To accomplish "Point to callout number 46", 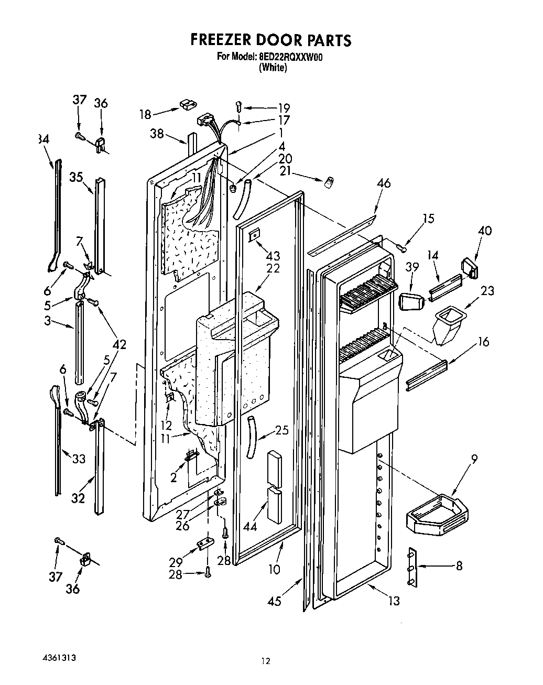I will pos(384,183).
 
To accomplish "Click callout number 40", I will pos(485,230).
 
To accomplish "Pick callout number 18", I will pos(146,114).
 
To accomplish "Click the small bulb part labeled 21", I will pos(330,182).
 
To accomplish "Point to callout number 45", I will pos(274,601).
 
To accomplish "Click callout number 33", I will pos(79,459).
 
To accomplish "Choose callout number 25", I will pos(282,431).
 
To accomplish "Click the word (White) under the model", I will pos(273,68).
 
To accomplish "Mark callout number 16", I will pos(483,342).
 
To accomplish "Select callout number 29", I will pos(176,562).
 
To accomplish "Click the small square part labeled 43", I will pos(254,235).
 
